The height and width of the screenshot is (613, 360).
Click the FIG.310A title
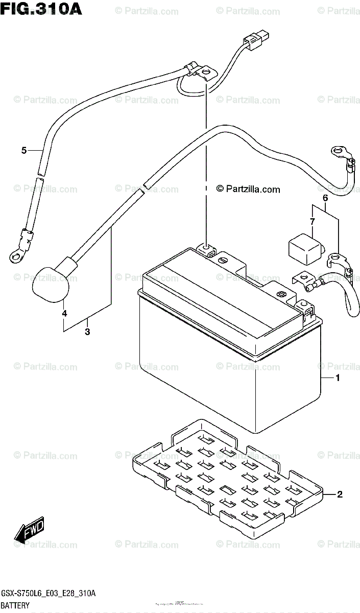click(32, 8)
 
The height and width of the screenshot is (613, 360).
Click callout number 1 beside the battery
click(337, 379)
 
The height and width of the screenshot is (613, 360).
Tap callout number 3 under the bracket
click(87, 332)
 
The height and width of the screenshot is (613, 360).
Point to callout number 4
click(65, 313)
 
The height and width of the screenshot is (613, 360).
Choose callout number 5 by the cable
click(23, 150)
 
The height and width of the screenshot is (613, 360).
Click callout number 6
click(324, 198)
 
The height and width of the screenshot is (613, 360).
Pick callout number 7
click(312, 221)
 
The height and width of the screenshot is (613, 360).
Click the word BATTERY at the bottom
click(15, 605)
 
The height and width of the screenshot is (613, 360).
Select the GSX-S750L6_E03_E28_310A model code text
click(48, 593)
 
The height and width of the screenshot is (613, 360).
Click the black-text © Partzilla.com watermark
click(248, 190)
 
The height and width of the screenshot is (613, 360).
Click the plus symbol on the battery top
click(281, 295)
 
